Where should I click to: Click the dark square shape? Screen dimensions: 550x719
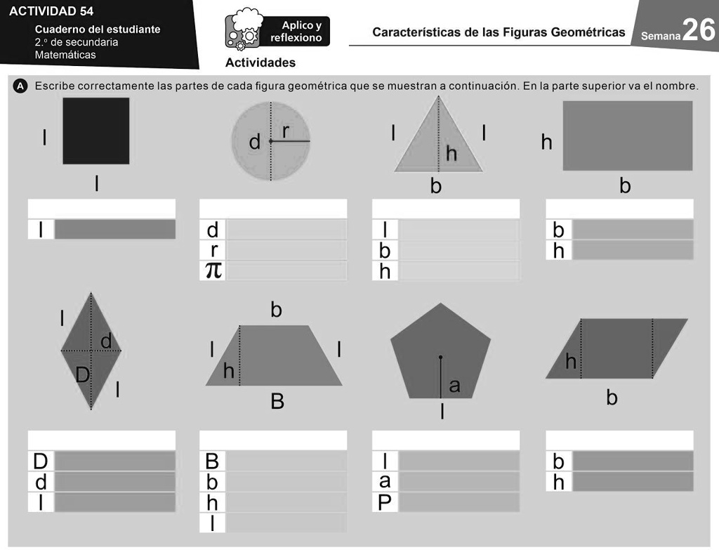(96, 131)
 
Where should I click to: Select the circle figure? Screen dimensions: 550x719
(271, 140)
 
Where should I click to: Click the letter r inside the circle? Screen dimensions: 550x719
(286, 131)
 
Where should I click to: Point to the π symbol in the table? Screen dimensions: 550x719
(213, 270)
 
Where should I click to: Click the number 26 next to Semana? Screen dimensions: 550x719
(698, 31)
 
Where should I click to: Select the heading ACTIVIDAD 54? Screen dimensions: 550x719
(51, 11)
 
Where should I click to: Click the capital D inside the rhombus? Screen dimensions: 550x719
(83, 376)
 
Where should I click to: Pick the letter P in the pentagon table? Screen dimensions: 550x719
(385, 503)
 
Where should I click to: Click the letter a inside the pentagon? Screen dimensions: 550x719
(454, 385)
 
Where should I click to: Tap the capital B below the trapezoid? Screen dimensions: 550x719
(277, 402)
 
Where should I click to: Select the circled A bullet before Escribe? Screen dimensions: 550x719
(20, 86)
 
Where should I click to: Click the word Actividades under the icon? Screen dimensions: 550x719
(260, 63)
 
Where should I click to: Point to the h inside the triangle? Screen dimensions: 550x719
(451, 154)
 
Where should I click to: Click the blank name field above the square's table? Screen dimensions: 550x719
(102, 209)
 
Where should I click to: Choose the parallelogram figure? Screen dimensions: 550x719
(616, 348)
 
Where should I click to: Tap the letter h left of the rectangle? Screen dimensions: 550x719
(546, 143)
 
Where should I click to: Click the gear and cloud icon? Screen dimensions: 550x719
(243, 30)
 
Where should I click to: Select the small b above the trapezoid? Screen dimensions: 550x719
(276, 310)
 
